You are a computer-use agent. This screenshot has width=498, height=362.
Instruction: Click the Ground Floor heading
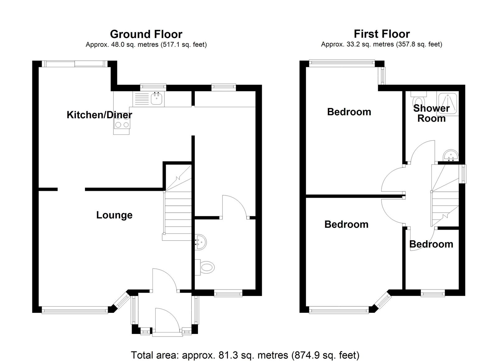pyautogui.click(x=146, y=34)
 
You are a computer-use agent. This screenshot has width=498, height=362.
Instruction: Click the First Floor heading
pyautogui.click(x=382, y=34)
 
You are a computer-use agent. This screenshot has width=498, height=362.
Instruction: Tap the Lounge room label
pyautogui.click(x=114, y=215)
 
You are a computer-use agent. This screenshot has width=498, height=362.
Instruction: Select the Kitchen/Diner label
pyautogui.click(x=99, y=115)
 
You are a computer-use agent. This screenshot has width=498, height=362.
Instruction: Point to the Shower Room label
pyautogui.click(x=431, y=113)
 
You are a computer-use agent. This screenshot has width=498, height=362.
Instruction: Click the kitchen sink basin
pyautogui.click(x=157, y=98)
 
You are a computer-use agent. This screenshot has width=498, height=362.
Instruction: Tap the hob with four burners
pyautogui.click(x=122, y=121)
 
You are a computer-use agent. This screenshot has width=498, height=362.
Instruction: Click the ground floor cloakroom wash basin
pyautogui.click(x=200, y=242)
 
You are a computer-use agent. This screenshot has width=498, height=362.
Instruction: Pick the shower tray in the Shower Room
pyautogui.click(x=448, y=104)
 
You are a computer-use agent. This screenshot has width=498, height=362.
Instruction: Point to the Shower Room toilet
pyautogui.click(x=419, y=100)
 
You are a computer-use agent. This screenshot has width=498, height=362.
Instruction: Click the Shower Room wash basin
pyautogui.click(x=451, y=155)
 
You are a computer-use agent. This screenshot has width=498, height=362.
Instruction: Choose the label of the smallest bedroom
pyautogui.click(x=431, y=244)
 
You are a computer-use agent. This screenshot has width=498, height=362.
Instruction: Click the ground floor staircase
pyautogui.click(x=177, y=203)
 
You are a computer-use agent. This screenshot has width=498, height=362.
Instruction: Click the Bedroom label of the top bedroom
pyautogui.click(x=349, y=112)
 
